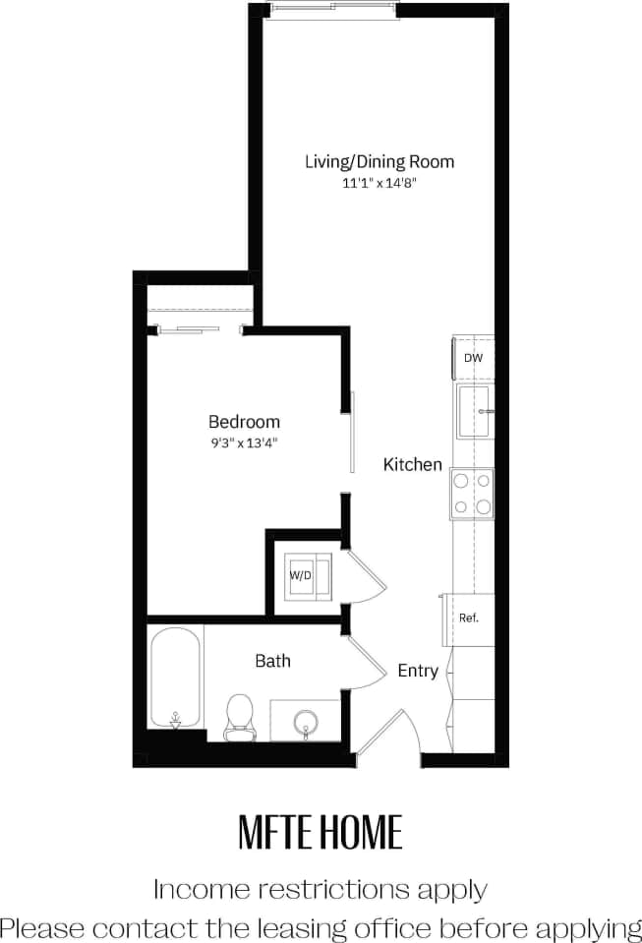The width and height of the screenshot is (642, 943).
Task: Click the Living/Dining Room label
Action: [379, 162]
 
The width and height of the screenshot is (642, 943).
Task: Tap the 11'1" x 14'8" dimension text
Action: [379, 183]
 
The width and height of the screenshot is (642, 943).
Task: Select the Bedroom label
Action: [244, 422]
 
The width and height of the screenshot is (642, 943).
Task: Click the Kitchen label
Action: [412, 464]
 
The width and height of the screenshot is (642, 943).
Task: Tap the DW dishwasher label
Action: [473, 359]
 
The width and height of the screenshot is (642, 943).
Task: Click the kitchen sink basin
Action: [473, 410]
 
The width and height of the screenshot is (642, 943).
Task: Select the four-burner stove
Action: [472, 494]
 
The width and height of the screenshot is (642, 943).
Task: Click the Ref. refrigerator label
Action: [469, 619]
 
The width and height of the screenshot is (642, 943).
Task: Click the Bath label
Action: [272, 661]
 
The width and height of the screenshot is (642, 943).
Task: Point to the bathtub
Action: [176, 678]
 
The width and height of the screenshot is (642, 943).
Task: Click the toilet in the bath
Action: [239, 715]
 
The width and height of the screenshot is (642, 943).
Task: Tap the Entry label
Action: [418, 671]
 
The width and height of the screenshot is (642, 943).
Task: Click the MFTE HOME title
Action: [321, 832]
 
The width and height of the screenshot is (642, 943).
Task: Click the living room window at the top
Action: [335, 9]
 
